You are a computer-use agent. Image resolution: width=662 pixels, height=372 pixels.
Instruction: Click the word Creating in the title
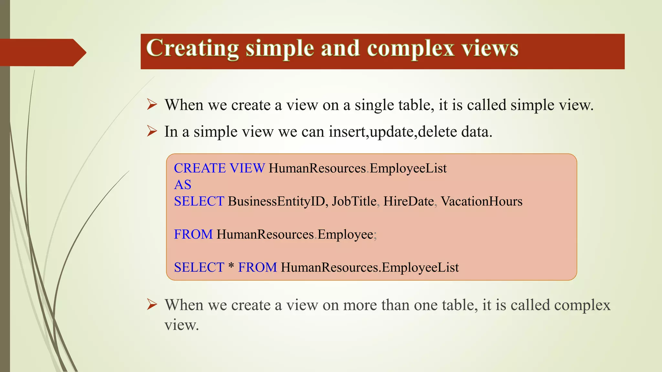click(x=192, y=48)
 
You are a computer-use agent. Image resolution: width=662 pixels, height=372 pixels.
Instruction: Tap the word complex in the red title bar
click(x=411, y=48)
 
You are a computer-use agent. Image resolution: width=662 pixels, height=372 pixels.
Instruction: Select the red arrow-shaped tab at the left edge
click(x=42, y=52)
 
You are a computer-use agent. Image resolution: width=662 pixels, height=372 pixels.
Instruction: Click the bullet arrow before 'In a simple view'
click(x=152, y=131)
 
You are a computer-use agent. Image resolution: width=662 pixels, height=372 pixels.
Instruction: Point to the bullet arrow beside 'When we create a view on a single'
click(x=152, y=104)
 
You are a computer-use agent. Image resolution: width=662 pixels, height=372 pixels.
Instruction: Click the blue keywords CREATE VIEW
click(x=219, y=168)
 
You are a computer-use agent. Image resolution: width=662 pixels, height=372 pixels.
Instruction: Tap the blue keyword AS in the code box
click(x=183, y=185)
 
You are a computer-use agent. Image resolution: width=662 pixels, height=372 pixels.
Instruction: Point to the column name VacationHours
click(x=481, y=201)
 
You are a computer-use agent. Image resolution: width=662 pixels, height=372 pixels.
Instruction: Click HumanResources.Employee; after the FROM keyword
click(x=296, y=234)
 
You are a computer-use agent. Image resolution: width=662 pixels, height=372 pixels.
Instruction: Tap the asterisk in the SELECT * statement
click(x=231, y=267)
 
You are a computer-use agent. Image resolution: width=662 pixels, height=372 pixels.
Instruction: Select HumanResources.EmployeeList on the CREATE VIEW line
click(x=358, y=168)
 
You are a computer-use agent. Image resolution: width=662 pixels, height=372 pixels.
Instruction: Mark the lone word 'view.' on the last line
click(x=181, y=325)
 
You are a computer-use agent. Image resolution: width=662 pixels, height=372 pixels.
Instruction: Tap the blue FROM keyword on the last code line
click(x=257, y=267)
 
